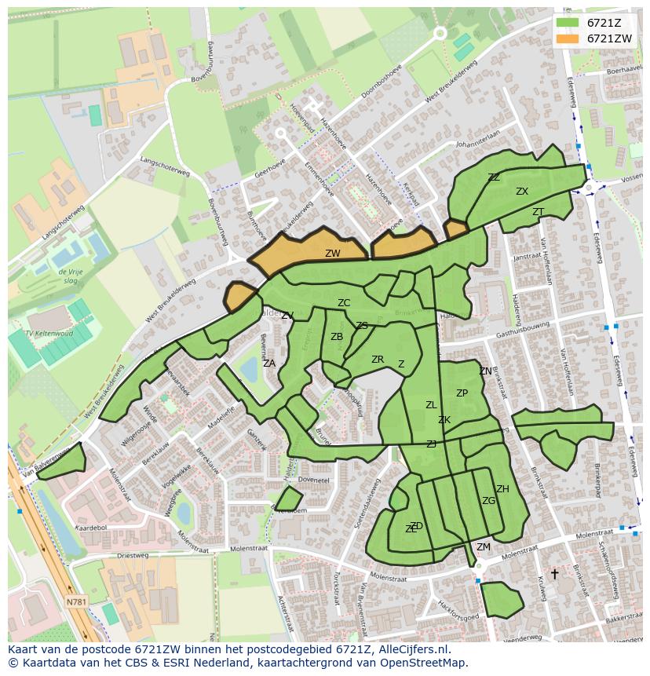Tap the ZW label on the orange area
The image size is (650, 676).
point(333,254)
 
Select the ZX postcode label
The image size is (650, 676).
point(522,192)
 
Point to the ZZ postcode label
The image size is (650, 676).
point(494,177)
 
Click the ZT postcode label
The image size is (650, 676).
point(538,212)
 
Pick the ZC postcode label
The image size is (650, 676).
point(344,303)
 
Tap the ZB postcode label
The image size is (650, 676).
point(337,337)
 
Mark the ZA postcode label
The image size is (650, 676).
point(269,364)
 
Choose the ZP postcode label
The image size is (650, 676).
point(462,393)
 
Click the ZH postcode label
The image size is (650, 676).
point(502,489)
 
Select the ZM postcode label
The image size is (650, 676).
point(484,547)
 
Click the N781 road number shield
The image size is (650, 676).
point(77,602)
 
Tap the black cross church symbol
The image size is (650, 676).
point(554,574)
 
